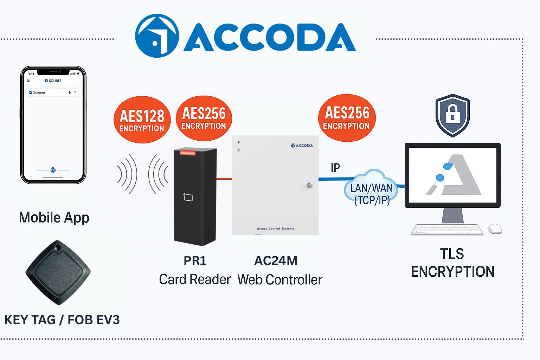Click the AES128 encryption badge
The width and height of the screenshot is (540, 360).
[x=142, y=120]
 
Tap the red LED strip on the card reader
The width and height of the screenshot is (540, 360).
[x=188, y=152]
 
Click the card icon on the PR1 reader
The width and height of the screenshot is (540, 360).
[x=188, y=197]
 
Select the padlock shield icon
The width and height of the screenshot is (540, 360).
[x=452, y=115]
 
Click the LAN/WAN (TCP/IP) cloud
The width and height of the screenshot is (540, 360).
[x=371, y=189]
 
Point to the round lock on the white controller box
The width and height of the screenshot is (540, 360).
[x=309, y=185]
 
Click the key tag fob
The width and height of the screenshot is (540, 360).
[x=58, y=272]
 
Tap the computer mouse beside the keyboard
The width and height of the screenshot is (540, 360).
[x=495, y=229]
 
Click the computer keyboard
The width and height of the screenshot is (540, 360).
[x=447, y=229]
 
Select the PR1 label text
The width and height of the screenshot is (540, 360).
[x=195, y=261]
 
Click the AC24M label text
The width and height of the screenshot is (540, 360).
[x=276, y=261]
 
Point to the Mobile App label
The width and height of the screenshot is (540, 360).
[x=54, y=218]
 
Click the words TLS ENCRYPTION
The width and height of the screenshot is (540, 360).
[x=452, y=263]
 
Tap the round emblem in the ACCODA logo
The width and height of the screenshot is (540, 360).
[x=157, y=36]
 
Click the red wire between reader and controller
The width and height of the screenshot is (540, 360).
[x=224, y=179]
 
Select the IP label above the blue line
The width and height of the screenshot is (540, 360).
[x=335, y=168]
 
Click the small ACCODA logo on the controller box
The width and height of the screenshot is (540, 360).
[x=302, y=146]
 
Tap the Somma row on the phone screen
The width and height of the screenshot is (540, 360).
[x=53, y=92]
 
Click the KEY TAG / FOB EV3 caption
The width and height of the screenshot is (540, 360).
[x=62, y=320]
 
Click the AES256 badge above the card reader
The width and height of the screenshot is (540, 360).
[x=204, y=118]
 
